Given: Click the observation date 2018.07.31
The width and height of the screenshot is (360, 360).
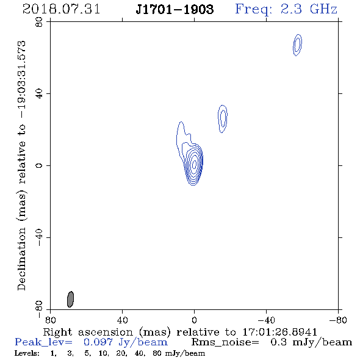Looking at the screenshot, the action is (x=61, y=9).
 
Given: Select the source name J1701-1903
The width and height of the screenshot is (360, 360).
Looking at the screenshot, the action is (x=175, y=9).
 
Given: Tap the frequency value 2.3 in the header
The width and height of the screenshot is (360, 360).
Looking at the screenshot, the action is (x=291, y=9).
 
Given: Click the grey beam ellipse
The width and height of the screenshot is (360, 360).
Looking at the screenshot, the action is (x=71, y=299).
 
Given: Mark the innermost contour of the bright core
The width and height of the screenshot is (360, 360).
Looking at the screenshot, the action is (x=194, y=164).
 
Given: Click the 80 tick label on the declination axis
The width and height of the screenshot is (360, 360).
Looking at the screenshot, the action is (x=39, y=22).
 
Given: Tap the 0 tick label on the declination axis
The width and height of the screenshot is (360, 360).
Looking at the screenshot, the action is (x=39, y=165).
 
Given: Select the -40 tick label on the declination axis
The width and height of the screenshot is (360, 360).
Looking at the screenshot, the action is (x=39, y=237).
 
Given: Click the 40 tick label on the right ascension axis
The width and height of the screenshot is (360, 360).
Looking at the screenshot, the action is (x=123, y=320).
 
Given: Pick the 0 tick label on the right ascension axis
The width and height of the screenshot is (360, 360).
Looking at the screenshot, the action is (x=194, y=320).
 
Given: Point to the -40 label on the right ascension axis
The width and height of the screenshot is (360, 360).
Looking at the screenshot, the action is (x=266, y=320).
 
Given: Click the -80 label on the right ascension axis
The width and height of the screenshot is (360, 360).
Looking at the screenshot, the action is (x=338, y=320).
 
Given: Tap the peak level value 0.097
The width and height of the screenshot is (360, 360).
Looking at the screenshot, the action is (x=98, y=342).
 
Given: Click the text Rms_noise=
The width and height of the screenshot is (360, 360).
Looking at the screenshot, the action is (x=225, y=342).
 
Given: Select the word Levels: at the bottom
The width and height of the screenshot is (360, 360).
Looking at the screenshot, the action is (x=27, y=353).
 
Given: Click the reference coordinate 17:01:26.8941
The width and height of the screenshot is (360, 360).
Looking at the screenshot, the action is (x=280, y=332).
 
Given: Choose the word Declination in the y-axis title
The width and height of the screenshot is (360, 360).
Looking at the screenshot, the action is (x=21, y=259).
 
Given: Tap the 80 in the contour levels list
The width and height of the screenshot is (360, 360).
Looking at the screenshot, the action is (x=157, y=353).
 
